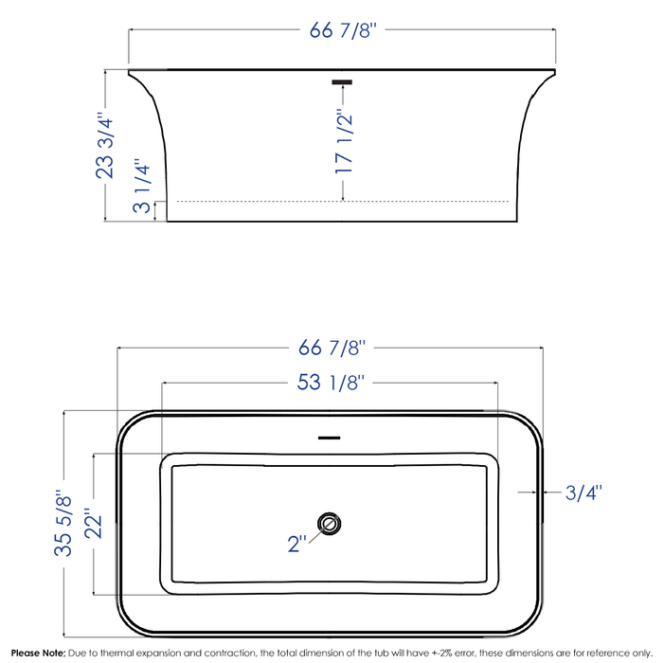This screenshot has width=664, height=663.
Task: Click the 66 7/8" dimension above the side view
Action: (343, 30)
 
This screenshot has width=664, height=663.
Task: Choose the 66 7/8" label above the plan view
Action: (332, 348)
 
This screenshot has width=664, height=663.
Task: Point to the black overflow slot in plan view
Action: (328, 438)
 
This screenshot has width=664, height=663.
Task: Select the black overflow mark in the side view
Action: (343, 82)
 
